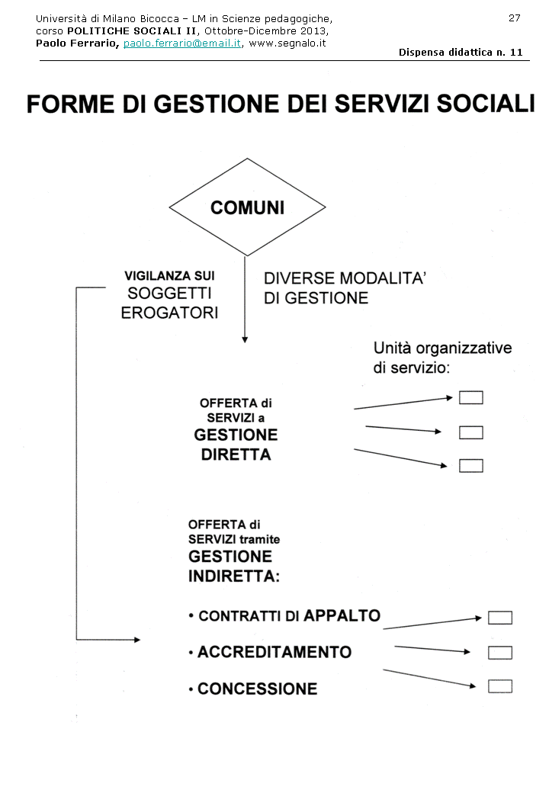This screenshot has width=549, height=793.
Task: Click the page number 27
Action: click(x=515, y=18)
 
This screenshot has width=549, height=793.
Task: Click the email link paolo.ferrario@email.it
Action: click(x=182, y=43)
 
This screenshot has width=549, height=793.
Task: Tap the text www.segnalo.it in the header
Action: click(x=287, y=43)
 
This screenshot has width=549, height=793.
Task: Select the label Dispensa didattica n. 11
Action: click(x=461, y=52)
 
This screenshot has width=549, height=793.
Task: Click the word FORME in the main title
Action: click(x=66, y=104)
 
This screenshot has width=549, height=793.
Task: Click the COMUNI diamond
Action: click(x=247, y=207)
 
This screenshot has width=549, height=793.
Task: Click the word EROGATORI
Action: click(x=169, y=313)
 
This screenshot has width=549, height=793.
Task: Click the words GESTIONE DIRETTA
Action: click(x=236, y=445)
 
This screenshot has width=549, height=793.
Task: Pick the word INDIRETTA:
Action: click(x=234, y=576)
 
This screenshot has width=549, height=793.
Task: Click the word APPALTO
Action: click(x=342, y=615)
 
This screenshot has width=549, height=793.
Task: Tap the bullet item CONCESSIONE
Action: click(x=257, y=689)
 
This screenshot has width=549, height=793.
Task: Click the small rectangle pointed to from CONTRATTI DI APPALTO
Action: click(x=500, y=618)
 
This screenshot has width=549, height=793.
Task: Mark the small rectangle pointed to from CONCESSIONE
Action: click(x=500, y=686)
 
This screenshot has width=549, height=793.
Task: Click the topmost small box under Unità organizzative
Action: click(x=471, y=397)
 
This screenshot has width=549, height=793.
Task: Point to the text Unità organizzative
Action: click(x=442, y=348)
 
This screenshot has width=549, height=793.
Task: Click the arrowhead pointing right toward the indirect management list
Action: click(x=137, y=640)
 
